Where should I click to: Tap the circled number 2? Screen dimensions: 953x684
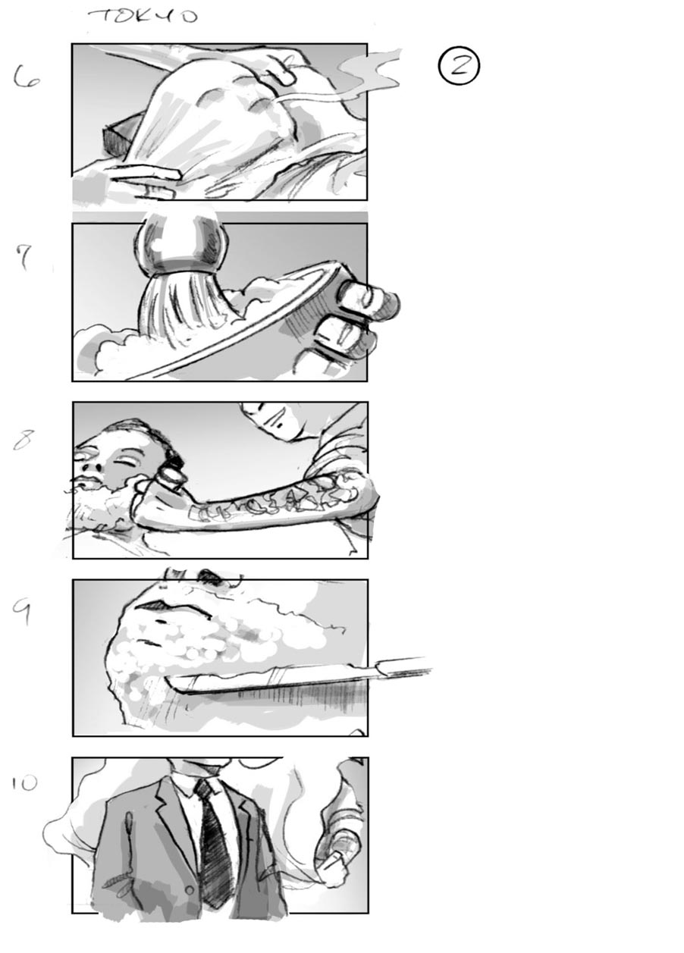tap(459, 66)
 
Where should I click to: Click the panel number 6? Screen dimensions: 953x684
tap(28, 77)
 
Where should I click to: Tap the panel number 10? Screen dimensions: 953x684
tap(25, 782)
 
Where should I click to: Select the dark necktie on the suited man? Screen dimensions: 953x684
tap(215, 842)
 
